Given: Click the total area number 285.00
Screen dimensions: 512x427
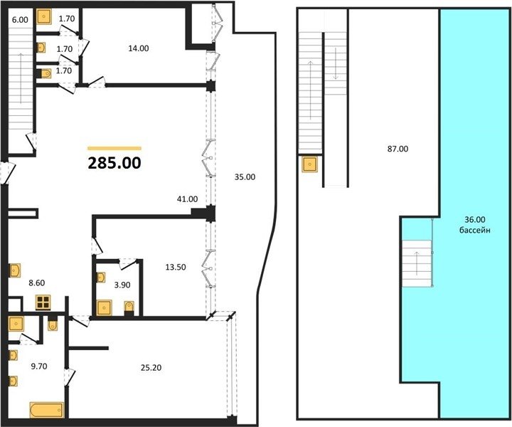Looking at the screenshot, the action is [x=114, y=163].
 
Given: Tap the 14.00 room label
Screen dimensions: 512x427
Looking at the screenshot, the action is [x=139, y=48].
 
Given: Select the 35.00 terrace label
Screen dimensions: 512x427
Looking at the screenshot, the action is [x=245, y=177].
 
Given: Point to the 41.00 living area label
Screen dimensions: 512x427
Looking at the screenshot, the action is [x=187, y=199].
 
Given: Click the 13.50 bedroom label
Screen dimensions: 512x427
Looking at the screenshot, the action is [x=176, y=268].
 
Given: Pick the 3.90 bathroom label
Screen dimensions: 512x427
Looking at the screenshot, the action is [x=122, y=285].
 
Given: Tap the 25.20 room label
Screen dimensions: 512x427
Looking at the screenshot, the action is [x=151, y=368].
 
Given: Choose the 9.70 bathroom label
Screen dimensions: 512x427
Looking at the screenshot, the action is [x=39, y=367].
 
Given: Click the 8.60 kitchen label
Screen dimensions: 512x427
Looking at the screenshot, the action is [x=36, y=283].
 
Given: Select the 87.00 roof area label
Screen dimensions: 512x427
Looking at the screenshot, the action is [x=398, y=149].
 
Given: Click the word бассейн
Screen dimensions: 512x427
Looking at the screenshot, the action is [x=475, y=231].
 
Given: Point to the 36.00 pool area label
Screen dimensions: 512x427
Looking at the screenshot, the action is [x=475, y=219].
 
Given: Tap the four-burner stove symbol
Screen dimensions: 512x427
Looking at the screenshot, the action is [x=43, y=302].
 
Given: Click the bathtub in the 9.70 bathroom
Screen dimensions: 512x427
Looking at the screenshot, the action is [x=47, y=410].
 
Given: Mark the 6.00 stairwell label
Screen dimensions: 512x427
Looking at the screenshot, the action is [x=20, y=20].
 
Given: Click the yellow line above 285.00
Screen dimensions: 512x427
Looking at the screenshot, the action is [x=114, y=148].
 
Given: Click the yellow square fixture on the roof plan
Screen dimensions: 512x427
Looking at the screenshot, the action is [x=310, y=164].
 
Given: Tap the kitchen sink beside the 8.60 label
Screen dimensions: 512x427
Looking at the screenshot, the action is [x=15, y=270].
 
